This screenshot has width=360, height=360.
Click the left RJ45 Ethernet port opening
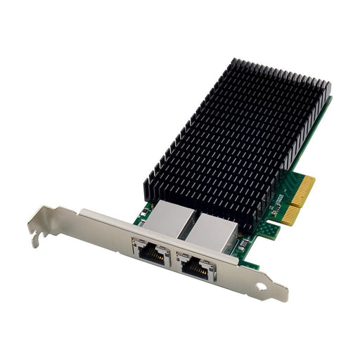coord(152,254)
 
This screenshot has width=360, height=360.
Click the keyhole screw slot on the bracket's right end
coord(263,287)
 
